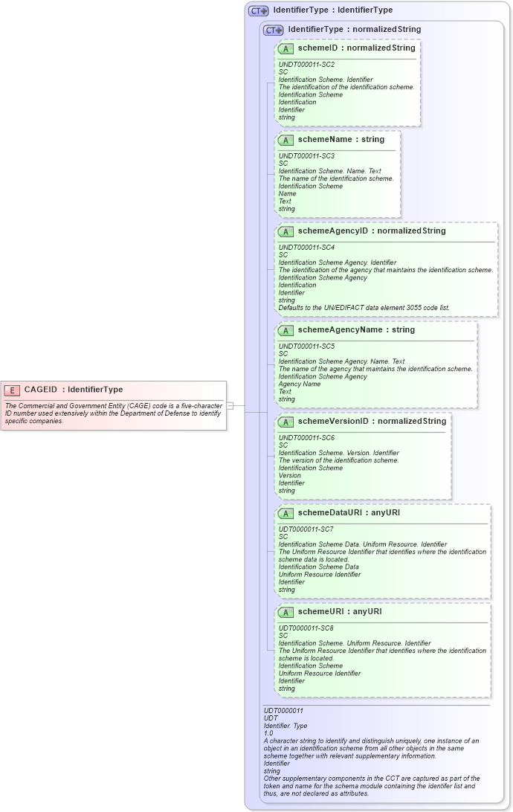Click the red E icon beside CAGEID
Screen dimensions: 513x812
12,390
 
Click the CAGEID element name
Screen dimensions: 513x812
41,390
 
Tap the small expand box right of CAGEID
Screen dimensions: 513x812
230,405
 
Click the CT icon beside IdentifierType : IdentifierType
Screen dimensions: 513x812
259,11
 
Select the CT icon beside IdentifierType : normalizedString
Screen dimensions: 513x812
274,30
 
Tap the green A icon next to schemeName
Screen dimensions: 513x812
285,140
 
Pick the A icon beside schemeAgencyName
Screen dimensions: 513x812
285,330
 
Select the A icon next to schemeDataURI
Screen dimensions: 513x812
285,513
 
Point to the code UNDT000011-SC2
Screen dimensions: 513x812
306,65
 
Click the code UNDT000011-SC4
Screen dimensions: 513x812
306,247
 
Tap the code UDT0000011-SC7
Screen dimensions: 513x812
306,529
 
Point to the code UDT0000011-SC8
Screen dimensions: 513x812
306,628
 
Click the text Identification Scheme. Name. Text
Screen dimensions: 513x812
329,171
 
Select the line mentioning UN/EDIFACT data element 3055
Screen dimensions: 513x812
364,307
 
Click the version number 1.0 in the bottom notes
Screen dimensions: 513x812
268,733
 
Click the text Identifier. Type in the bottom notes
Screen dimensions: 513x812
285,726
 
